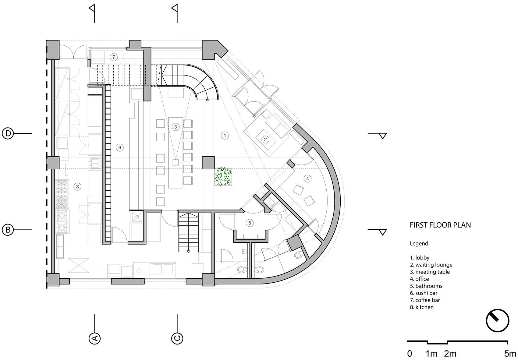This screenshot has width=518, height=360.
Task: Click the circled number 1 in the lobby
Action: pos(225,135)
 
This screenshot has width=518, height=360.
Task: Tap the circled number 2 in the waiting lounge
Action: pos(265,139)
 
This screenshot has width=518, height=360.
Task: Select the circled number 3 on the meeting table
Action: pos(176,127)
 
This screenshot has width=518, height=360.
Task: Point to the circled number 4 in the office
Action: pos(307,178)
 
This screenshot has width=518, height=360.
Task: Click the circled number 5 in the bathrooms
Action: pos(250,223)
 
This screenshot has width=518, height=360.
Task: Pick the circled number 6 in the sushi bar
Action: pos(119,148)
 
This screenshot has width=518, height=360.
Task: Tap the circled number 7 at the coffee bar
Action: pos(114,57)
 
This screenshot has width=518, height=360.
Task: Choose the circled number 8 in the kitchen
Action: pos(78,186)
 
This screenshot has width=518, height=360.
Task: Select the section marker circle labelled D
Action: pos(8,133)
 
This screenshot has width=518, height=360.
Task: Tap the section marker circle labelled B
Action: pos(8,230)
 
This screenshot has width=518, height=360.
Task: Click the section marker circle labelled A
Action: pos(94,338)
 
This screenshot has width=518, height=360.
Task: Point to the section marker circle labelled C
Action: pos(177,338)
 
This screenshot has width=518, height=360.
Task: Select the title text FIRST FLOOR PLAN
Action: pos(440,225)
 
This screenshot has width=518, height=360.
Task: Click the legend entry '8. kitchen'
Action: pos(422,307)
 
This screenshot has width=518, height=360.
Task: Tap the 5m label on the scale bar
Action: pos(510,354)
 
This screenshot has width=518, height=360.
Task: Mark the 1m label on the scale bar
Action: pos(431,354)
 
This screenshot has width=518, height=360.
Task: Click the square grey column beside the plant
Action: pos(208,162)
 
